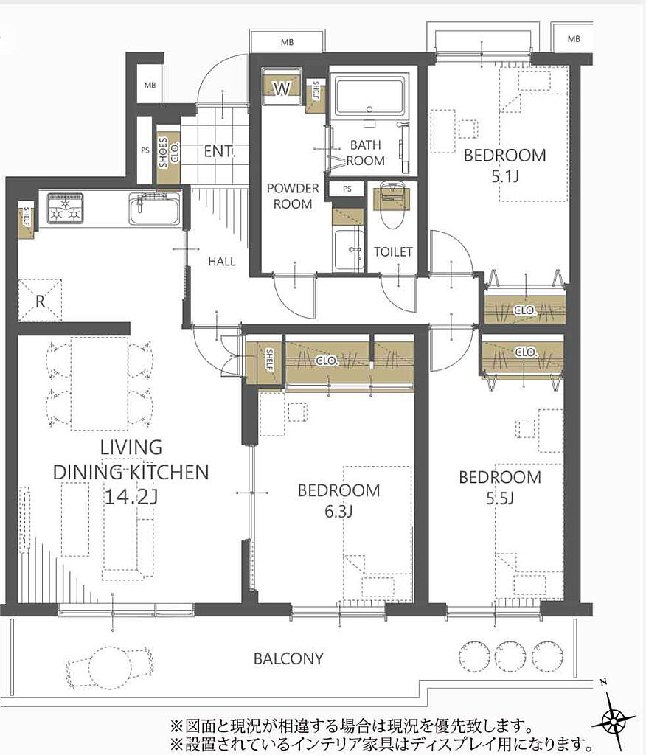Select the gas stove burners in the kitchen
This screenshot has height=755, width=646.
pyautogui.click(x=65, y=209)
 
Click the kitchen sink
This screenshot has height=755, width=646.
pyautogui.click(x=154, y=209)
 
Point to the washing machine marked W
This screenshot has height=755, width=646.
pyautogui.click(x=282, y=88)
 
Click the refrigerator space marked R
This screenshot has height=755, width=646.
pyautogui.click(x=40, y=301)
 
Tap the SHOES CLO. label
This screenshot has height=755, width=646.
pyautogui.click(x=169, y=152)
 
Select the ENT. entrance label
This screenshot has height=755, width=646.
pyautogui.click(x=219, y=151)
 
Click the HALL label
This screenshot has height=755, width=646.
pyautogui.click(x=221, y=262)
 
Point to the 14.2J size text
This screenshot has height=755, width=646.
pyautogui.click(x=131, y=497)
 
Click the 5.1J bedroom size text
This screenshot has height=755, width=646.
pyautogui.click(x=505, y=177)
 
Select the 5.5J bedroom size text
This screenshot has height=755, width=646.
pyautogui.click(x=500, y=498)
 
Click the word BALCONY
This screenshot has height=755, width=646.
pyautogui.click(x=288, y=658)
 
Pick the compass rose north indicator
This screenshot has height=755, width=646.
pyautogui.click(x=614, y=721)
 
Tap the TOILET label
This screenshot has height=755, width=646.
pyautogui.click(x=393, y=251)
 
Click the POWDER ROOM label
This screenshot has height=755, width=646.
pyautogui.click(x=293, y=196)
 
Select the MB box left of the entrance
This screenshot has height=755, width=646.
pyautogui.click(x=150, y=85)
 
